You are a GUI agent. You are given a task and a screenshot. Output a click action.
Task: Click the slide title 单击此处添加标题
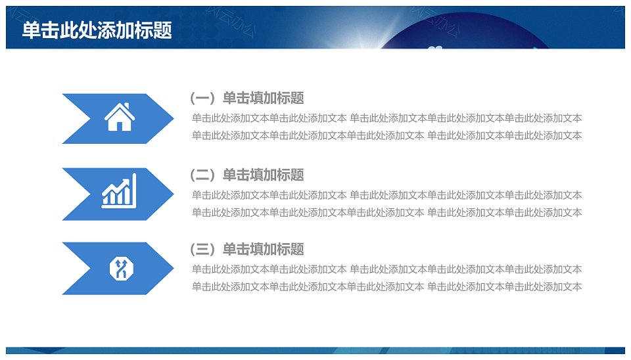tap(97, 30)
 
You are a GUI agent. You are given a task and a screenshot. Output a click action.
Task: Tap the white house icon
tap(120, 117)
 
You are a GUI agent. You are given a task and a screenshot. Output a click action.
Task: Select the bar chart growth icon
tap(119, 191)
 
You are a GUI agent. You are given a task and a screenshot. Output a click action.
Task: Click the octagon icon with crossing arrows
tap(121, 268)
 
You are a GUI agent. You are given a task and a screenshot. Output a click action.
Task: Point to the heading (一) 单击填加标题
tap(247, 98)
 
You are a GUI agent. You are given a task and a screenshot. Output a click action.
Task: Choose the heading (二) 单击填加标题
tap(247, 175)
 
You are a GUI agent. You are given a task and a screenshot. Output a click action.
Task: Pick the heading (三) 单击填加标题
tap(247, 250)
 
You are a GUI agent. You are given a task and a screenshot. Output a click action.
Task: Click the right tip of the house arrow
tap(174, 119)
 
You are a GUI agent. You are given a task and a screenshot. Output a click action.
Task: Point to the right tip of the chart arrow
tap(174, 194)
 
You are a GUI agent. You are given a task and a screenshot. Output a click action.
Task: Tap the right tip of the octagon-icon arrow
tap(174, 268)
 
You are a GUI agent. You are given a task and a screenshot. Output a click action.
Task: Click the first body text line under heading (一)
tap(386, 118)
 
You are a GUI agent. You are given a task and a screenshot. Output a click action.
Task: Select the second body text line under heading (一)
tap(386, 135)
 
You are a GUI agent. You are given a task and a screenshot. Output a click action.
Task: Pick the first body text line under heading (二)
tap(386, 196)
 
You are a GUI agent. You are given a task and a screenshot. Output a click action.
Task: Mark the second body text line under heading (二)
tap(386, 212)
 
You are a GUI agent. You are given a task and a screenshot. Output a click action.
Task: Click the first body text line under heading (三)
tap(386, 269)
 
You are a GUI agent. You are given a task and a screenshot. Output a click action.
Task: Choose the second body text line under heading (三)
tap(386, 287)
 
